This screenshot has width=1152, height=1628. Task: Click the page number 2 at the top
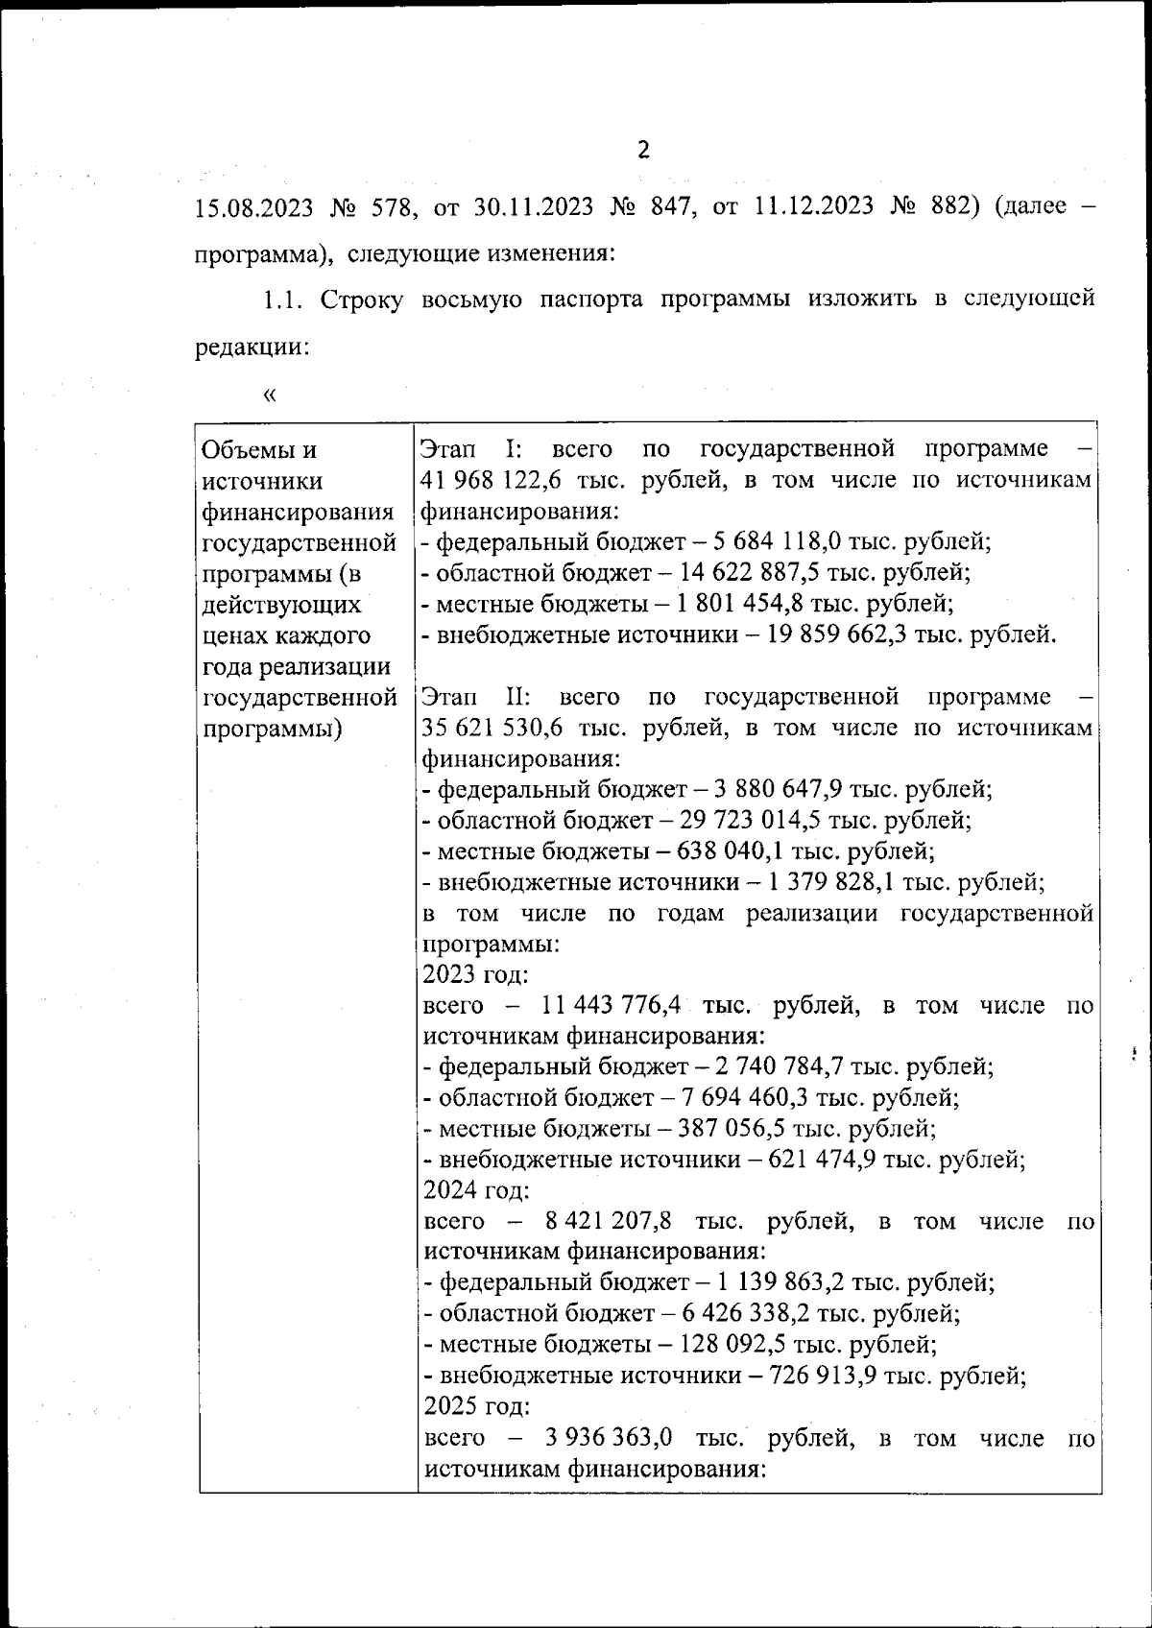[x=643, y=150]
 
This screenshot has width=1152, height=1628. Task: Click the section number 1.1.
[x=284, y=299]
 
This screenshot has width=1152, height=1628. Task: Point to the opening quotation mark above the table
[x=269, y=395]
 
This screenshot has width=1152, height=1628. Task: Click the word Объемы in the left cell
[x=245, y=450]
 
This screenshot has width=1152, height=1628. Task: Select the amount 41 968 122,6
[x=492, y=481]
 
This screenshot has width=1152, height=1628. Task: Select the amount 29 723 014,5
[x=751, y=821]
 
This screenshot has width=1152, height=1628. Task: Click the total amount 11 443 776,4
[x=611, y=1006]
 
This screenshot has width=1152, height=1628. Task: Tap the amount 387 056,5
[x=728, y=1129]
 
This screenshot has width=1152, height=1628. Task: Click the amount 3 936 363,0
[x=608, y=1438]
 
